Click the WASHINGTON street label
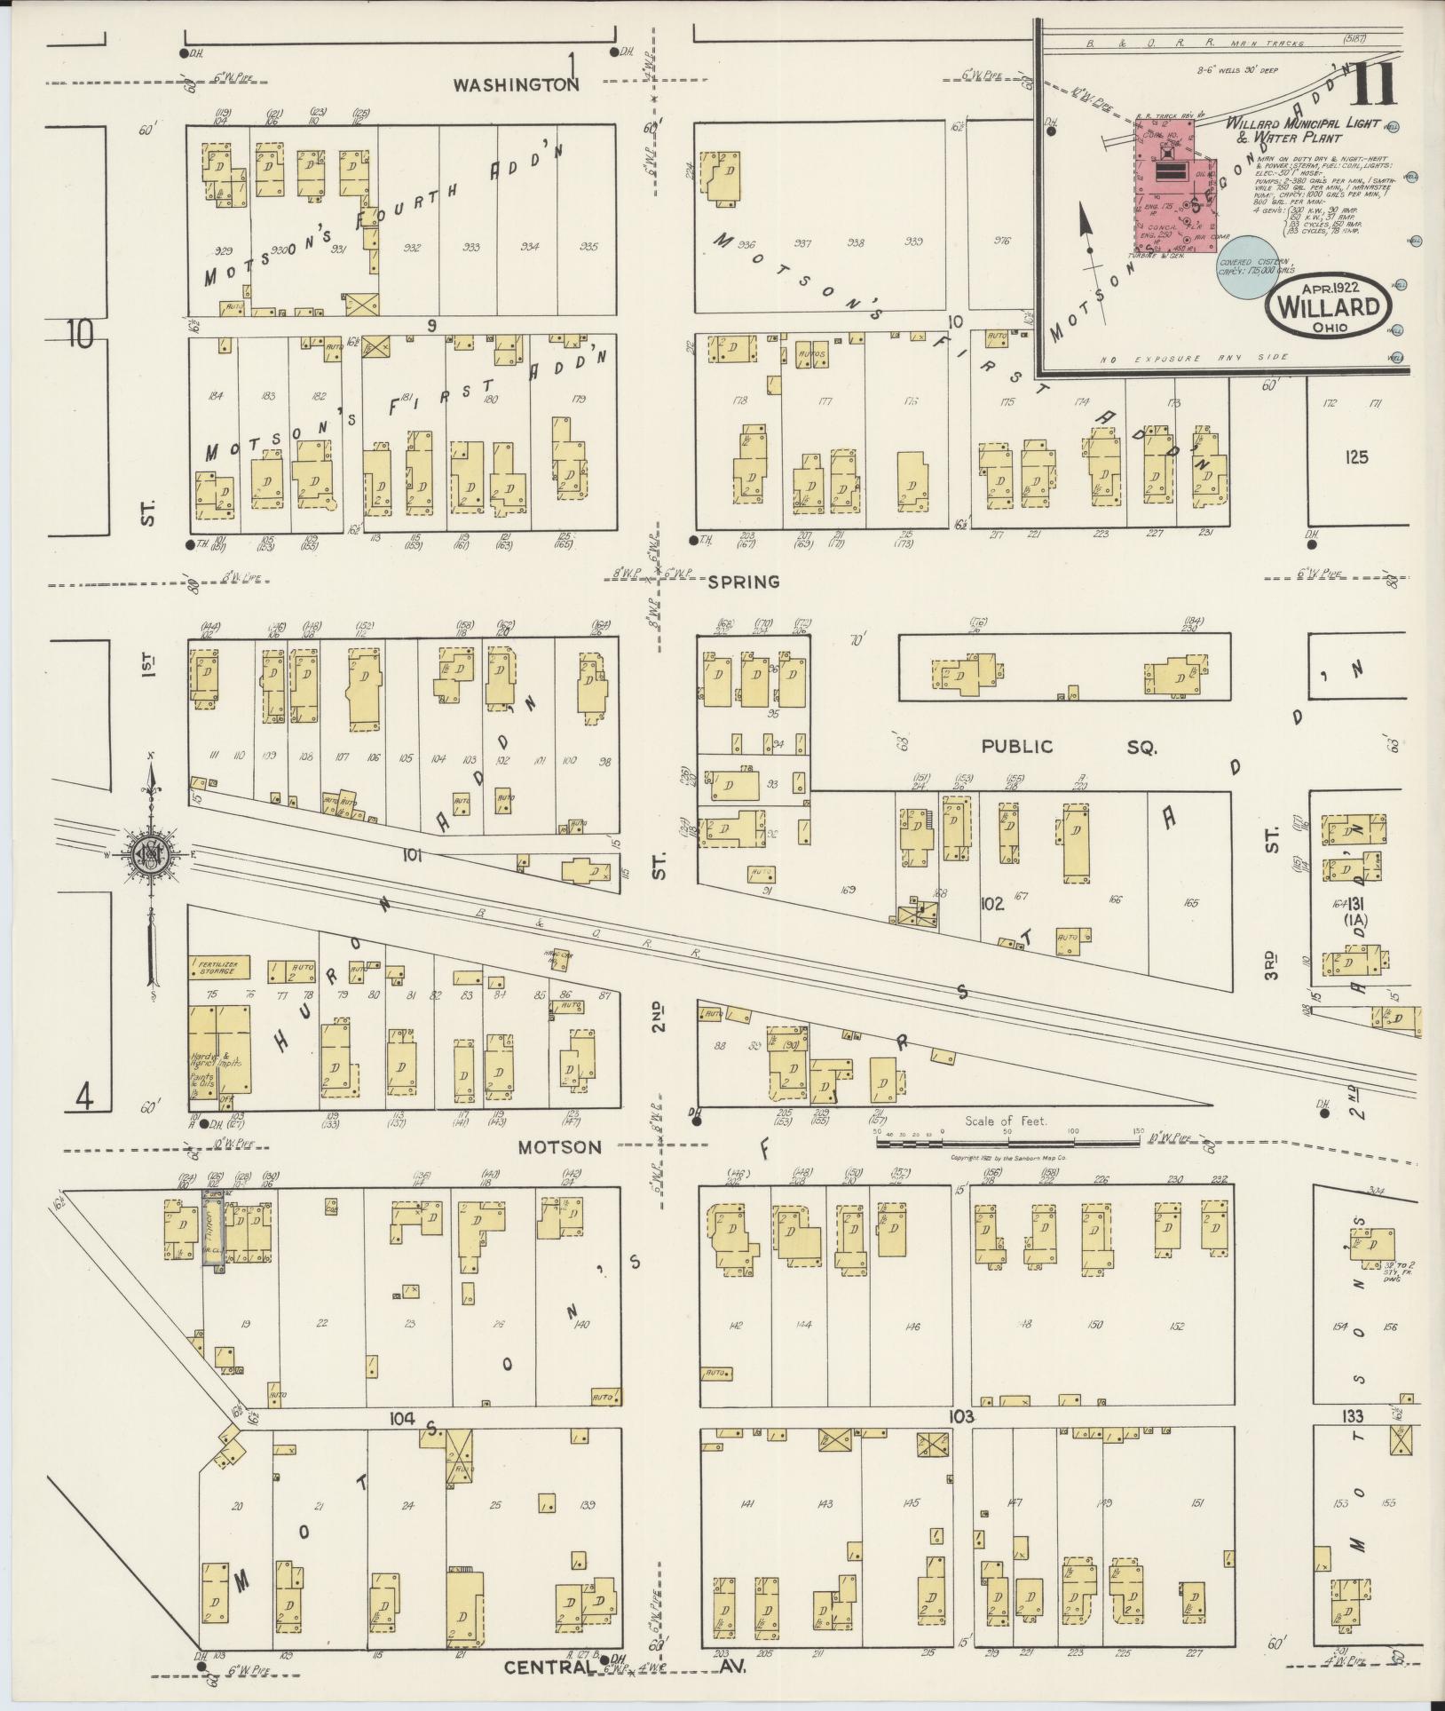click(x=516, y=85)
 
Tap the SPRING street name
click(x=744, y=582)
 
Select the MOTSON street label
click(x=559, y=1147)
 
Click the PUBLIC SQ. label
click(x=1069, y=747)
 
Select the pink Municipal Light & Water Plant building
click(x=1172, y=191)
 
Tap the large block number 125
click(x=1355, y=458)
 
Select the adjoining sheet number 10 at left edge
click(x=80, y=335)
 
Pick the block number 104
click(x=402, y=1418)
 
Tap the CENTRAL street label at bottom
click(x=548, y=1667)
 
